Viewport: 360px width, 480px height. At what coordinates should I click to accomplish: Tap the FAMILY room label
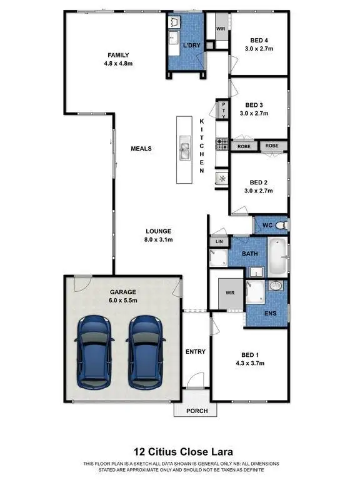pyautogui.click(x=117, y=54)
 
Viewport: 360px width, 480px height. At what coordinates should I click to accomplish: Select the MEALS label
pyautogui.click(x=141, y=149)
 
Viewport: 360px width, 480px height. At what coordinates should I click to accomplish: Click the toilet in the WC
pyautogui.click(x=282, y=224)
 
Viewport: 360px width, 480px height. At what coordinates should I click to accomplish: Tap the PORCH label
pyautogui.click(x=195, y=411)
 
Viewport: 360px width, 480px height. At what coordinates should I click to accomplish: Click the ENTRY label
pyautogui.click(x=196, y=352)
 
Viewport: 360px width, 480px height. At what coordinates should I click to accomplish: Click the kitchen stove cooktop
pyautogui.click(x=222, y=144)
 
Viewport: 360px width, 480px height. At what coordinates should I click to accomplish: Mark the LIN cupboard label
pyautogui.click(x=219, y=241)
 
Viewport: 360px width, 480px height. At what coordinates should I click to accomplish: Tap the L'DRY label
pyautogui.click(x=191, y=46)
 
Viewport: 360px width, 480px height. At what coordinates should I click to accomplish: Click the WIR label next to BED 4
pyautogui.click(x=221, y=29)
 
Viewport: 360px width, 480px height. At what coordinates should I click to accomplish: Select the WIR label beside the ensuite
pyautogui.click(x=229, y=291)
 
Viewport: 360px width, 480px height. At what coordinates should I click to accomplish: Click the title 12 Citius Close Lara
pyautogui.click(x=179, y=451)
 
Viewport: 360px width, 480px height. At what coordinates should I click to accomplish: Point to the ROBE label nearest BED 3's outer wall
pyautogui.click(x=271, y=146)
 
